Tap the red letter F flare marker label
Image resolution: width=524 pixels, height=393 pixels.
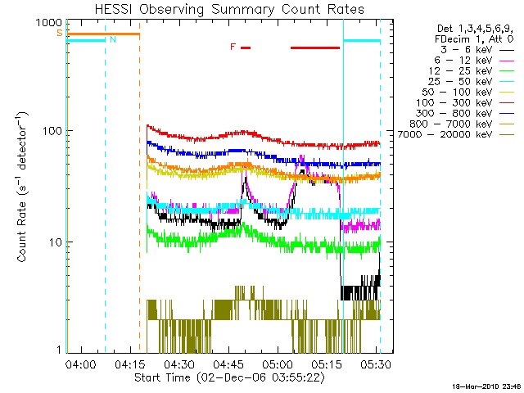click(233, 47)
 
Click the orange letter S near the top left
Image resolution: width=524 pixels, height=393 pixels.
click(59, 33)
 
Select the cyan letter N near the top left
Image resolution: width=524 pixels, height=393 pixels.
click(113, 39)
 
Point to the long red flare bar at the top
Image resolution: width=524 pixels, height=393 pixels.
click(315, 47)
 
